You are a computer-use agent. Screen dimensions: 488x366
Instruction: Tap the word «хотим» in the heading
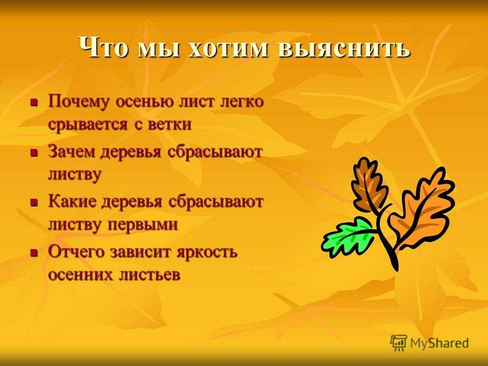point(228,48)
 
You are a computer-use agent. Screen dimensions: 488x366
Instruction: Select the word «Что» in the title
point(103,47)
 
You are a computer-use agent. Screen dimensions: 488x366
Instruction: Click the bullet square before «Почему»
point(34,102)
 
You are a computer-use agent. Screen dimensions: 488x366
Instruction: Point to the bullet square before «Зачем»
point(34,152)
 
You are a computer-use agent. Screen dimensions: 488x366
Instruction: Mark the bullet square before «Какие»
point(34,203)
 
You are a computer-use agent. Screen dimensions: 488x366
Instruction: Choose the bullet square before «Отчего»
point(34,252)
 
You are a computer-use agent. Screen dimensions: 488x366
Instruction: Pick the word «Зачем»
point(73,152)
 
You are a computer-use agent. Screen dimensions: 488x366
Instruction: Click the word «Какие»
point(73,202)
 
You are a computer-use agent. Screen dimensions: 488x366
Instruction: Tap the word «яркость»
point(207,252)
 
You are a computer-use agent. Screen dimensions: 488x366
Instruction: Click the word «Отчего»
point(77,252)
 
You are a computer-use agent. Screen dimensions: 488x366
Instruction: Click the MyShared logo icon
point(399,343)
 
